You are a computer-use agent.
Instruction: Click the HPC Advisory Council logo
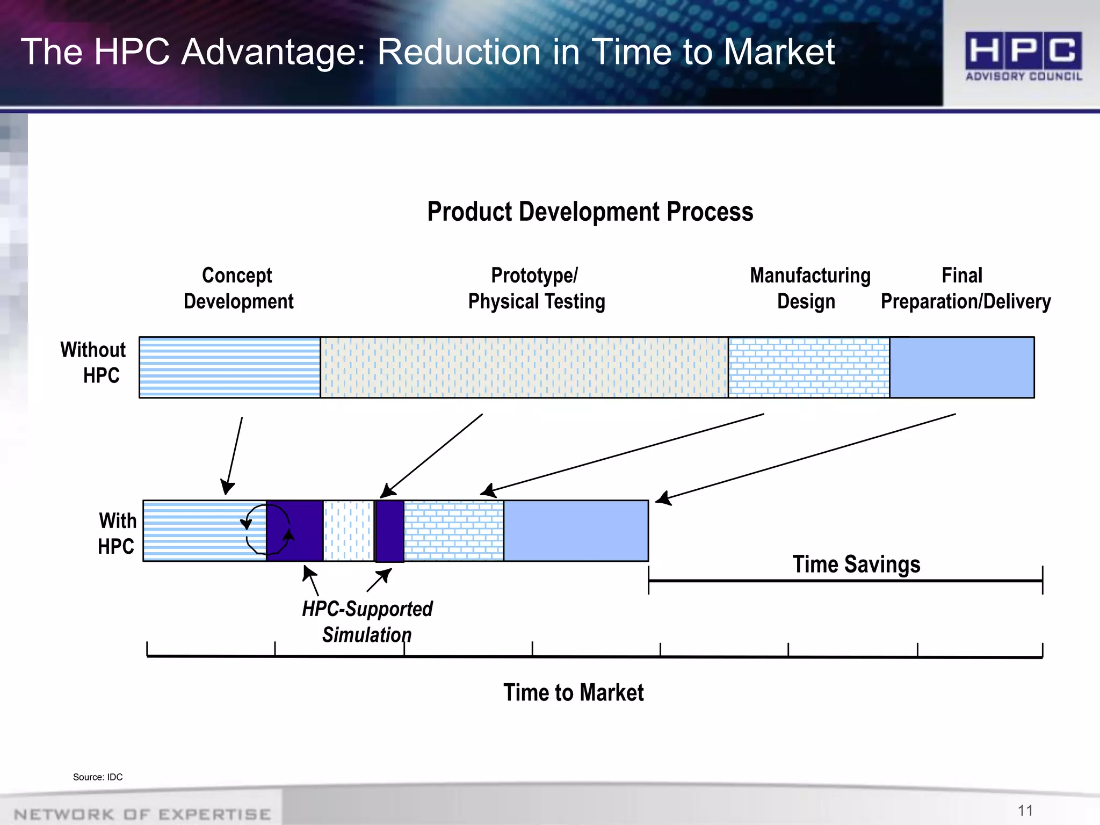(x=1023, y=56)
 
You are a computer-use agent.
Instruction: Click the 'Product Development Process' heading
(x=590, y=212)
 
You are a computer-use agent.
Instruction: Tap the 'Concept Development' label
(x=238, y=288)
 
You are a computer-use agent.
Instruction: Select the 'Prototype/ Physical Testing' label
(x=536, y=288)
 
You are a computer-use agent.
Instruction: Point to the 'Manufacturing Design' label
(x=809, y=288)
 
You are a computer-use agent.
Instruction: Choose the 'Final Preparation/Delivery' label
(x=965, y=288)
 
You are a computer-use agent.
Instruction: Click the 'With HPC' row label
(x=117, y=533)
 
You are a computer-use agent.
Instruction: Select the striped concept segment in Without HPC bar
(x=230, y=367)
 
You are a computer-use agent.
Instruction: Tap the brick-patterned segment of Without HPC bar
(x=809, y=367)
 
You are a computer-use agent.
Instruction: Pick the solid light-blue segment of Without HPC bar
(x=962, y=367)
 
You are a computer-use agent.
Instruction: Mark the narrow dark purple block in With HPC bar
(x=390, y=531)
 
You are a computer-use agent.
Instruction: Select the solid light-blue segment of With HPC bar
(x=576, y=531)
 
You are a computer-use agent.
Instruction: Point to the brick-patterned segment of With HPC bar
(x=454, y=531)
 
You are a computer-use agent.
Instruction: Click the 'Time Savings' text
(x=856, y=565)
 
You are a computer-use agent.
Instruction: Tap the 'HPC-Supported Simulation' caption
(x=367, y=621)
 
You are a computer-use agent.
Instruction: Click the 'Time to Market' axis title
(x=573, y=692)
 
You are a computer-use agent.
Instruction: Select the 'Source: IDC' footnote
(x=98, y=777)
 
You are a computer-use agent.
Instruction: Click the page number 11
(x=1025, y=810)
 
